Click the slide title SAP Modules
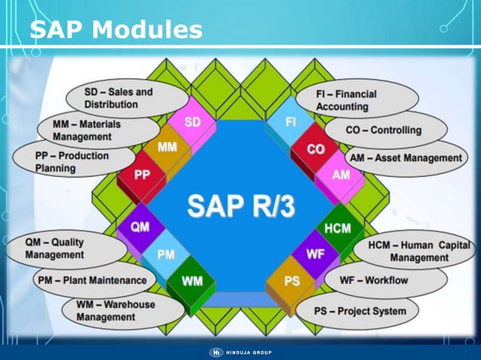pyautogui.click(x=116, y=29)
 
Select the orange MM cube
pyautogui.click(x=167, y=148)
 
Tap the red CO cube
pyautogui.click(x=316, y=150)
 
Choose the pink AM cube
pyautogui.click(x=341, y=175)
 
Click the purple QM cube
pyautogui.click(x=139, y=227)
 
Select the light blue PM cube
pyautogui.click(x=166, y=255)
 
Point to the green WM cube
pyautogui.click(x=192, y=282)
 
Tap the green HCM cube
pyautogui.click(x=337, y=228)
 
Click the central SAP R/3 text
pyautogui.click(x=240, y=204)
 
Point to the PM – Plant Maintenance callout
pyautogui.click(x=90, y=280)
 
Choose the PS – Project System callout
pyautogui.click(x=360, y=310)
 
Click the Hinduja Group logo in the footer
pyautogui.click(x=240, y=352)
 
